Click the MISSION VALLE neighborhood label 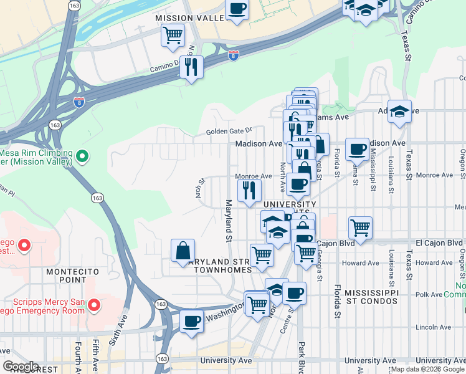[x=189, y=19]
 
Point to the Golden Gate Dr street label [x=228, y=132]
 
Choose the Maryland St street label [x=229, y=221]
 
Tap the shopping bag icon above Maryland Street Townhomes [x=183, y=251]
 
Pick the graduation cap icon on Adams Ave [x=399, y=112]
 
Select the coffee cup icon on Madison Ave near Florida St [x=357, y=149]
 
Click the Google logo [x=20, y=367]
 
